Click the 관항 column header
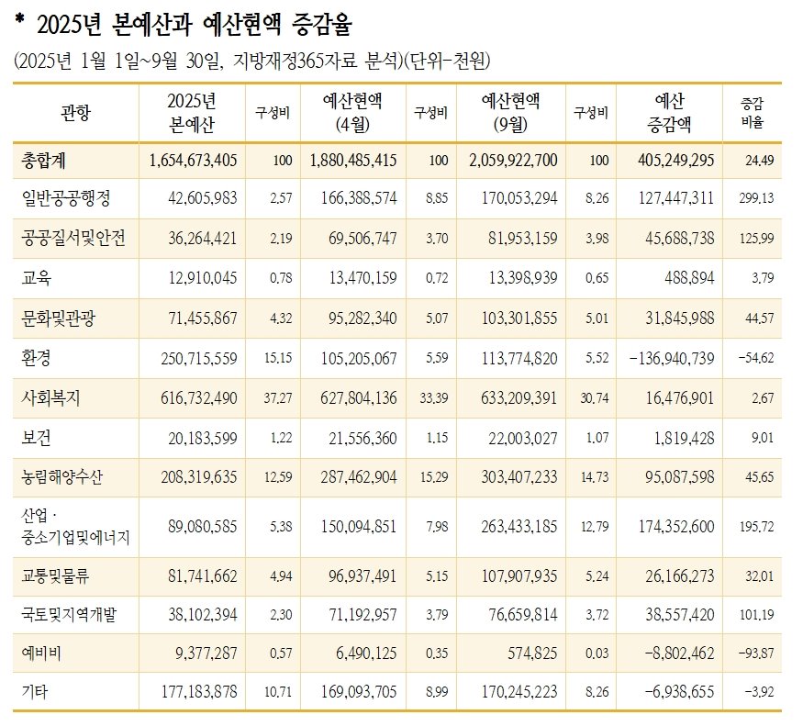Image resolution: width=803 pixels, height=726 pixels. point(75,112)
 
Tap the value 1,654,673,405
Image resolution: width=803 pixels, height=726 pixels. point(192,160)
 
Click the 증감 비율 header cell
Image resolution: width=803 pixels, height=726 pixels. point(751,112)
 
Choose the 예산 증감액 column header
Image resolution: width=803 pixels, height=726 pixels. point(674,112)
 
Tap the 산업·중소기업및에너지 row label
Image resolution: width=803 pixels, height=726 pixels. point(74,526)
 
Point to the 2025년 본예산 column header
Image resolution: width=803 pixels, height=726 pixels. point(192,112)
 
